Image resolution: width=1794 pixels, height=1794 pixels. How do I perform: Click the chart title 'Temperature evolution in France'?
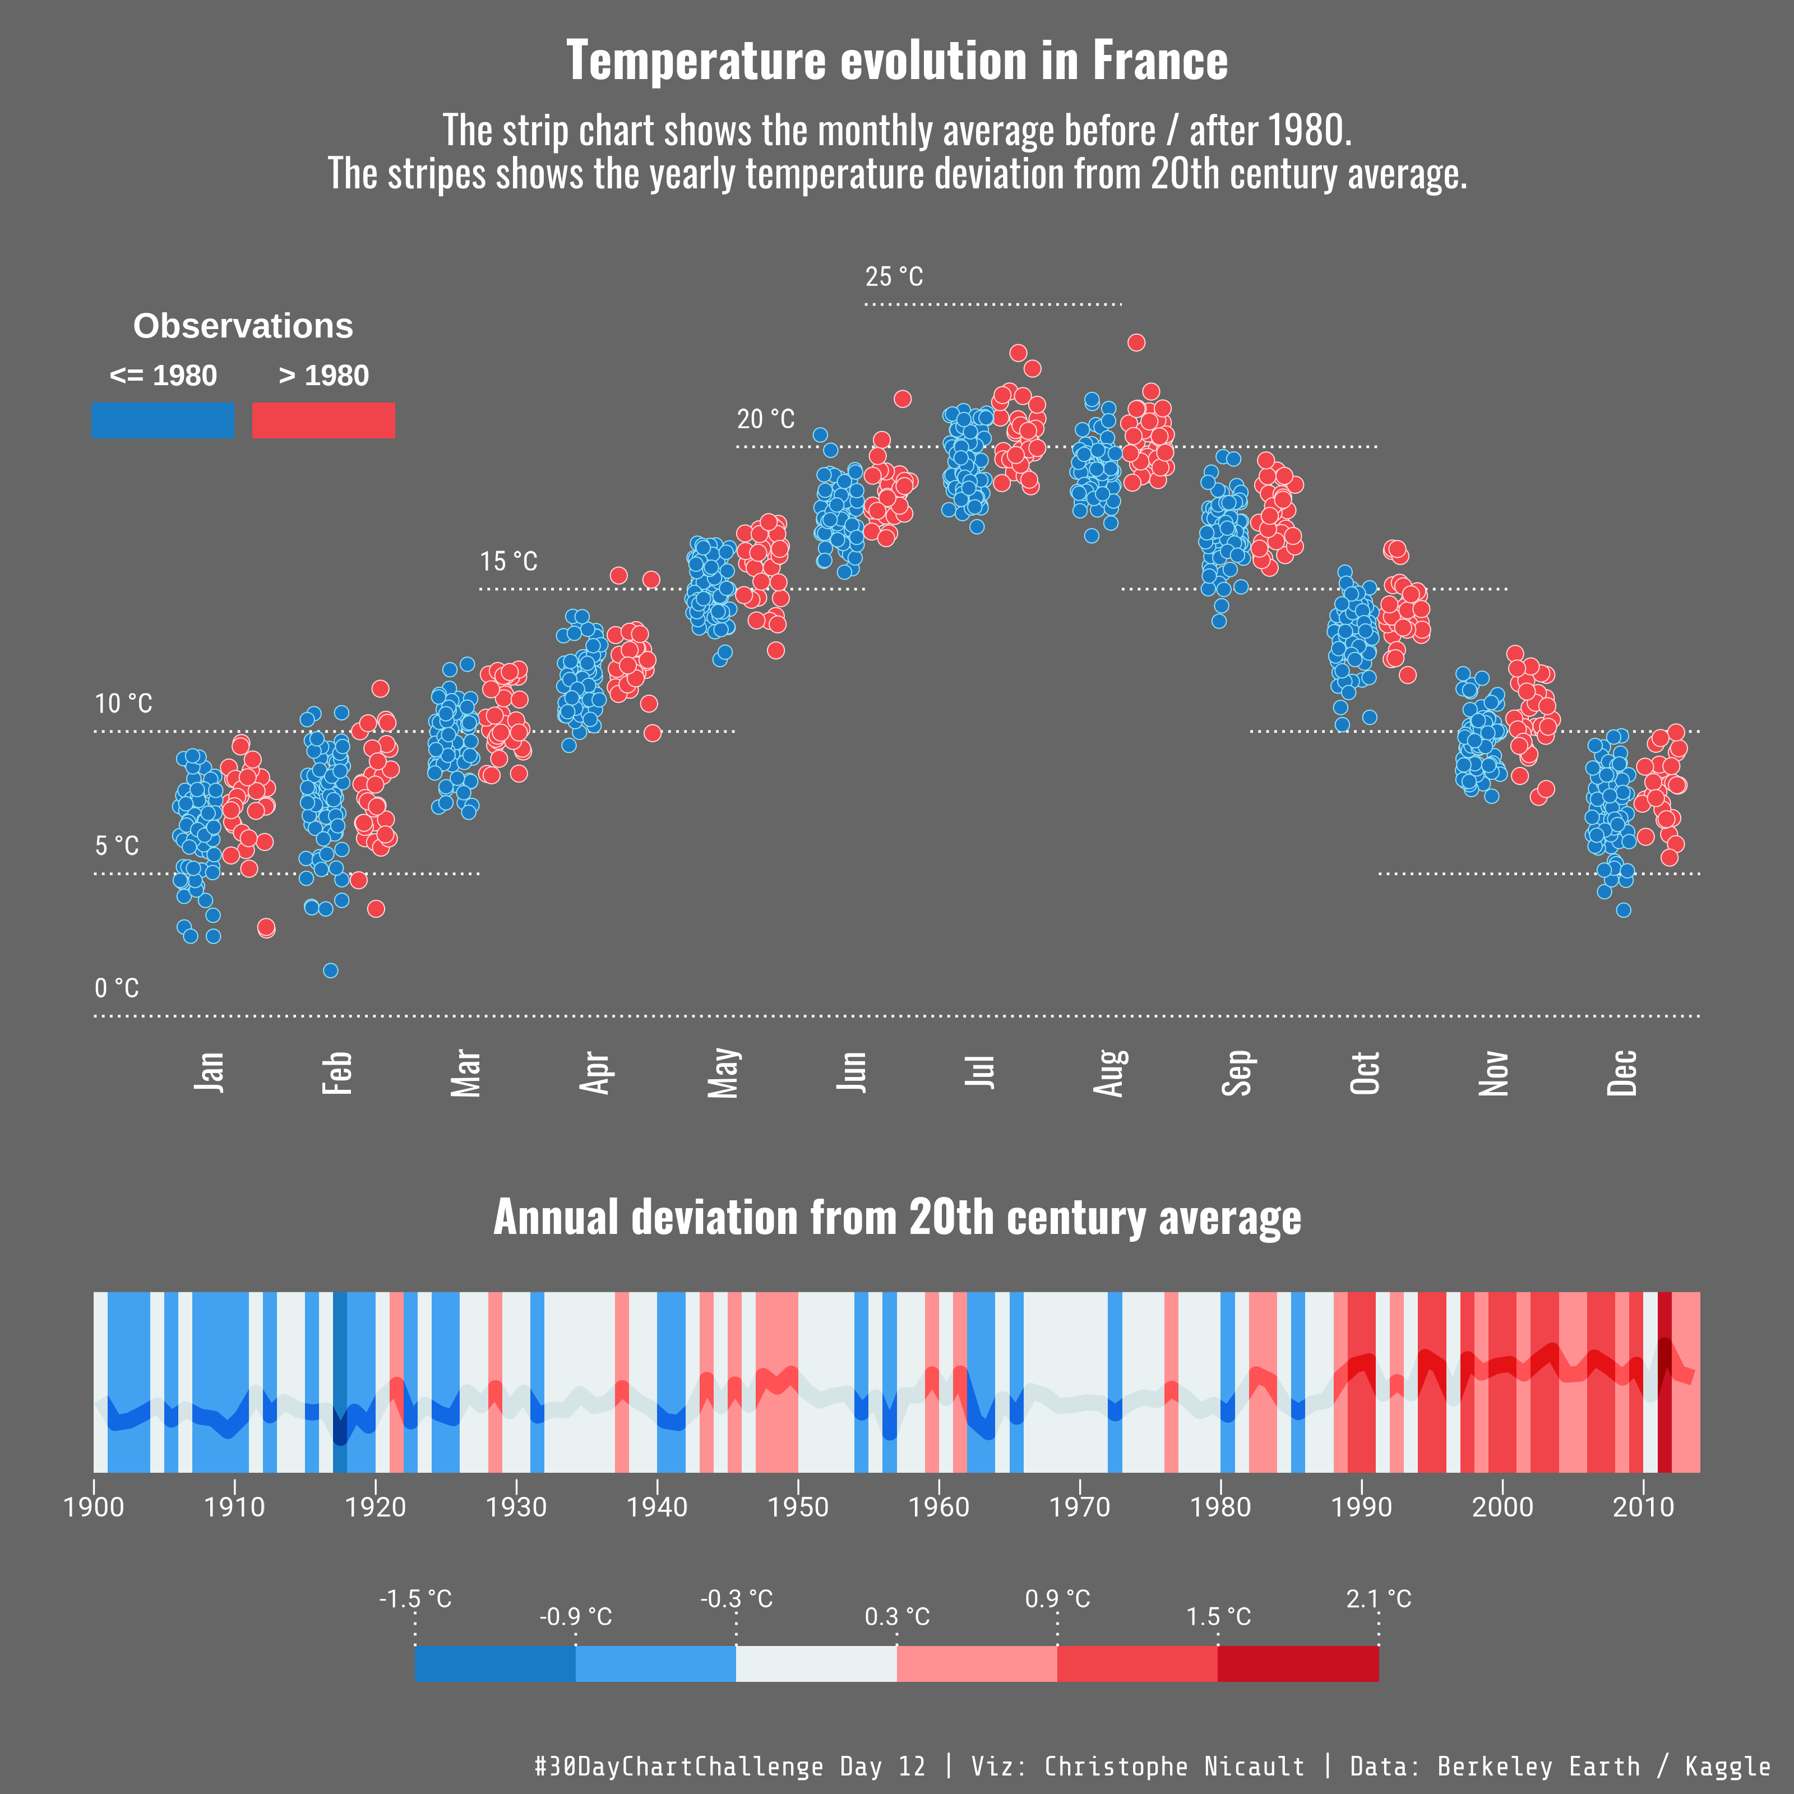(x=897, y=61)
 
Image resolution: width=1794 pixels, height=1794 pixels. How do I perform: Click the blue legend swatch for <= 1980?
(x=163, y=420)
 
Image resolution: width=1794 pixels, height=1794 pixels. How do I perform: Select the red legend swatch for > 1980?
(x=323, y=420)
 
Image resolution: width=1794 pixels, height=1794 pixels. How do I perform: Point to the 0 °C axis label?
(x=117, y=988)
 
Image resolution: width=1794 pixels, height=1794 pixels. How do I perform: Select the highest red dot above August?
(x=1136, y=343)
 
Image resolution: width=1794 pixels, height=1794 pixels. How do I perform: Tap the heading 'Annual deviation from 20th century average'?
(x=897, y=1217)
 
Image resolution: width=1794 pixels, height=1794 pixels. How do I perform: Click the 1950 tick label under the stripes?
(x=798, y=1506)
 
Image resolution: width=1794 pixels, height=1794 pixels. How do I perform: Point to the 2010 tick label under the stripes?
(x=1644, y=1506)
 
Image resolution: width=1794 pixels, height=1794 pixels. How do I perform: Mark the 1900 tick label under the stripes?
(x=94, y=1506)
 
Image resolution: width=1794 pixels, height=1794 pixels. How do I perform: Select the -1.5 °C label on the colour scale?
(x=415, y=1599)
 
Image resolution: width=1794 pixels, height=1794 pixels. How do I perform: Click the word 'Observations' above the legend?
(x=243, y=326)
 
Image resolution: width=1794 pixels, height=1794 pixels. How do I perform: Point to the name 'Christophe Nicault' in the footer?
(x=1174, y=1766)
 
